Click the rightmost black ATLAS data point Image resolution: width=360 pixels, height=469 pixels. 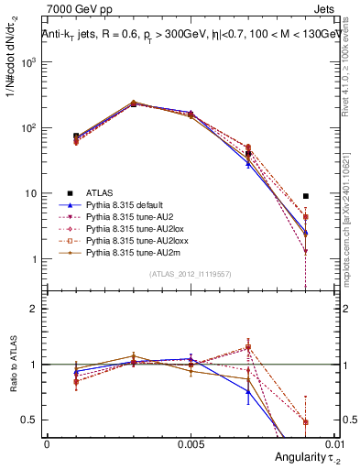[x=306, y=196]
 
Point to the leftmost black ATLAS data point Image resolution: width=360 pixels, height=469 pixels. [x=76, y=136]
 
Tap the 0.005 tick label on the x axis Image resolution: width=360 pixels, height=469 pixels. [x=191, y=442]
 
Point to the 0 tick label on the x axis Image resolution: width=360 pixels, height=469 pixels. [x=47, y=442]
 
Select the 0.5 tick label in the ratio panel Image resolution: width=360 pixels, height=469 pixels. [x=34, y=420]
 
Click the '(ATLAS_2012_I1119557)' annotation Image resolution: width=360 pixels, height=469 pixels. [x=191, y=274]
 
